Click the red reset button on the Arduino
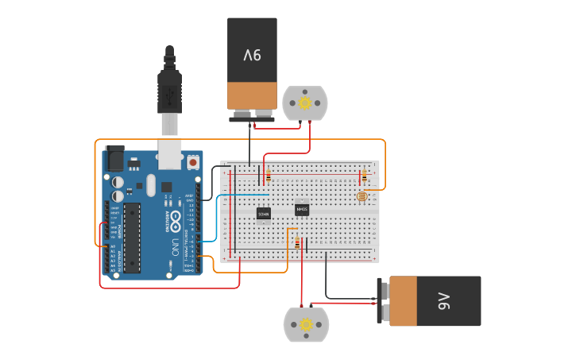(193, 162)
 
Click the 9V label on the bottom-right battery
(443, 300)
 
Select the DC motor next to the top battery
(305, 103)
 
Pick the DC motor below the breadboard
(306, 324)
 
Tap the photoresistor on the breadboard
(362, 195)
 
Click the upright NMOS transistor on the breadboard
(302, 210)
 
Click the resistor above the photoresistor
(364, 176)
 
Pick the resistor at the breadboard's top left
(269, 176)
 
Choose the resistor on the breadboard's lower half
(298, 243)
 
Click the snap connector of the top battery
(252, 118)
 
